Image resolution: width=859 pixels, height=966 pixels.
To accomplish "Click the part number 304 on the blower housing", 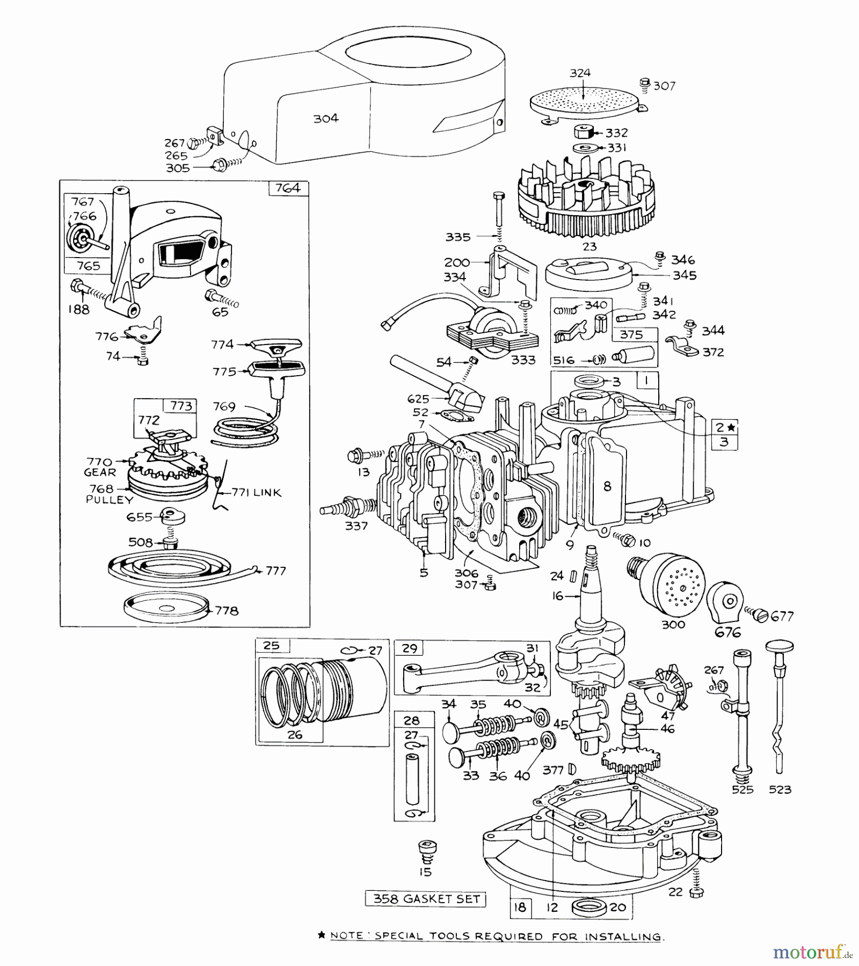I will coord(326,119).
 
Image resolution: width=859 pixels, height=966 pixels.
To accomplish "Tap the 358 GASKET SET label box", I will coord(426,899).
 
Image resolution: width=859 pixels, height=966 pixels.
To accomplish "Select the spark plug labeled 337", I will coord(347,507).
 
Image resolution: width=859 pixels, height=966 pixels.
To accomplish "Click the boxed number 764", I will coord(288,188).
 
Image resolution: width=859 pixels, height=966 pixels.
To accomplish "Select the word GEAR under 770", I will coord(100,473).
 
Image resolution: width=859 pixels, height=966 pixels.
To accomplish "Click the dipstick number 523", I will coord(780,789).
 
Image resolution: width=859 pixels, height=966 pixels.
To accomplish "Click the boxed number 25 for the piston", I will coord(272,646).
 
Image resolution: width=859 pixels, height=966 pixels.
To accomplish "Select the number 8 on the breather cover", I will coord(607,486).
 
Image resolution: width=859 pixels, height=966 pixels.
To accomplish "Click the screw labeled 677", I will coord(761,616).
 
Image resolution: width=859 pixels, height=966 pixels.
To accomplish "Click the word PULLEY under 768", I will coord(110,500).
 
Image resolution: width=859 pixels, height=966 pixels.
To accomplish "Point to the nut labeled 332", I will coord(584,132).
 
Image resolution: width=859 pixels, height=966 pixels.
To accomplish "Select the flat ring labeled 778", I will coord(165,608).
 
